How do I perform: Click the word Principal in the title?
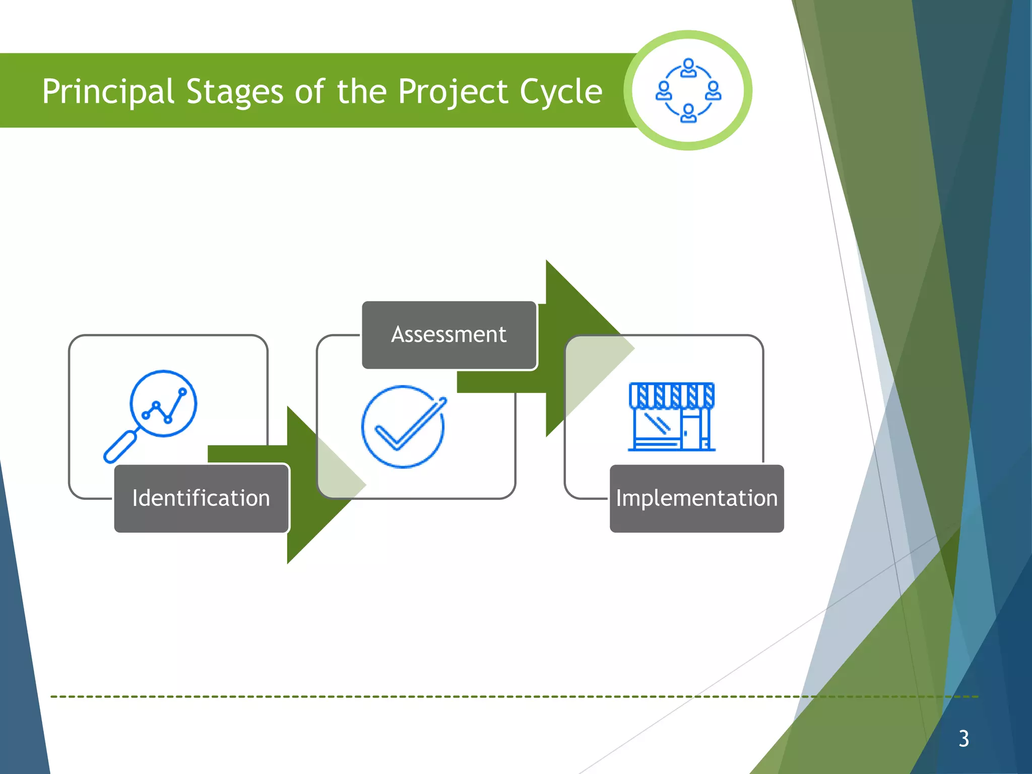[108, 92]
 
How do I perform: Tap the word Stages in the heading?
[234, 92]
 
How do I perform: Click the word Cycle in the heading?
[560, 92]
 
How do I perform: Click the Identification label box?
[202, 498]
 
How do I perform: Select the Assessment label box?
[449, 335]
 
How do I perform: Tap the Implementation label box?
[696, 498]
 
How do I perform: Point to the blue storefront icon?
[672, 417]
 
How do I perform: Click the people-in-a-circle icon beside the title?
[688, 90]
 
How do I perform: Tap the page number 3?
[963, 739]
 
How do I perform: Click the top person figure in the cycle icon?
[688, 68]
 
